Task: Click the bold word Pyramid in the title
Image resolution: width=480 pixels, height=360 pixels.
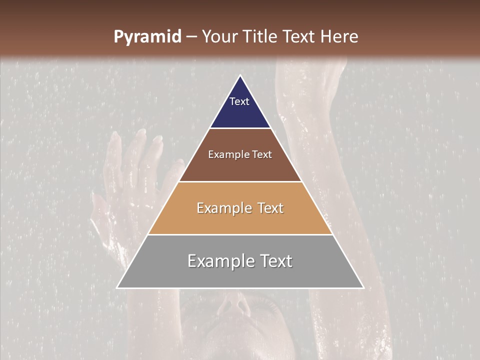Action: point(147,37)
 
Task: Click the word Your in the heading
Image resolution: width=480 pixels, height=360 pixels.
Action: point(220,36)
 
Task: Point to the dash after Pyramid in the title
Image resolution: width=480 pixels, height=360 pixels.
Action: point(191,37)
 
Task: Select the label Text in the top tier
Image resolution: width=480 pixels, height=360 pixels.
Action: point(239,101)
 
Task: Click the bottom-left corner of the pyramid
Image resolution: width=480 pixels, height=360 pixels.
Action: point(117,287)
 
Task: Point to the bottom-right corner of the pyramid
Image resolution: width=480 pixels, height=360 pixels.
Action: point(363,287)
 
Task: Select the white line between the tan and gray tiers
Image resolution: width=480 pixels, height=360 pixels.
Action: point(240,234)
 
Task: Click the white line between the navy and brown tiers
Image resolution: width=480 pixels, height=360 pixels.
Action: point(240,128)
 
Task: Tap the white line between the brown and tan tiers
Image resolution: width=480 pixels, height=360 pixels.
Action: point(240,181)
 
